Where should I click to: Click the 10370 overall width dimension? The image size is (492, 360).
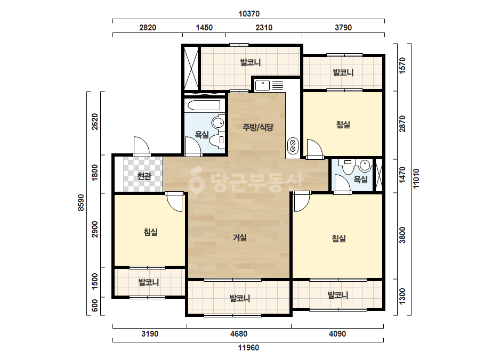[x=249, y=14]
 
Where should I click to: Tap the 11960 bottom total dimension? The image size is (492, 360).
[x=248, y=348]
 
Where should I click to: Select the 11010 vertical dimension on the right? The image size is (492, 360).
[x=416, y=178]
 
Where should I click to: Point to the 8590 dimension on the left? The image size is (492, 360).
[x=81, y=202]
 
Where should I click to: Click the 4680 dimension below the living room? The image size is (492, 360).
[x=239, y=334]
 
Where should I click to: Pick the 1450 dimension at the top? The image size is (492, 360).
[x=204, y=28]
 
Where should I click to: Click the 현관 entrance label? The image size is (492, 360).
[x=144, y=176]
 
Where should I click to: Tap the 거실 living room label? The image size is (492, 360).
[x=240, y=238]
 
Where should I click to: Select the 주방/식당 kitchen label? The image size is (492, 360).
[x=258, y=127]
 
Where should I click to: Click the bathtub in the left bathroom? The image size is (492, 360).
[x=204, y=105]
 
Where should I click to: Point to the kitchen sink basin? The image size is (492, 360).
[x=262, y=85]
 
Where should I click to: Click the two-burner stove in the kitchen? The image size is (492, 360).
[x=293, y=146]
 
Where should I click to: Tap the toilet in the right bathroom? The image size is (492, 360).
[x=348, y=166]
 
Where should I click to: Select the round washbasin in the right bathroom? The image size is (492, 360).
[x=365, y=165]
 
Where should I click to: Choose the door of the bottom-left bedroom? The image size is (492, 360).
[x=174, y=202]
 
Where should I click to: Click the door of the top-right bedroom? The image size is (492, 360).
[x=314, y=149]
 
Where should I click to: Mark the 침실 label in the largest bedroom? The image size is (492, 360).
[x=339, y=239]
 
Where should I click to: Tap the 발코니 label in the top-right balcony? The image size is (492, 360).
[x=343, y=72]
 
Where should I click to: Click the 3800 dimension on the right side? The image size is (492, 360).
[x=402, y=235]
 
